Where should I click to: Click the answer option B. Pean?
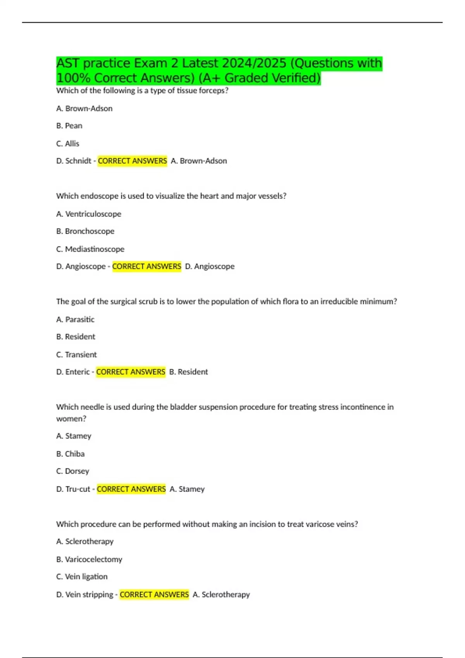(x=69, y=126)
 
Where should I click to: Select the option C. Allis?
(x=68, y=144)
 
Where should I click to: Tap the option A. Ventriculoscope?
(x=89, y=214)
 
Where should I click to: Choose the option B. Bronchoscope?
(x=85, y=231)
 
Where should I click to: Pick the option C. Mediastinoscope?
(x=90, y=249)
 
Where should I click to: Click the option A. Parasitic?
(x=75, y=319)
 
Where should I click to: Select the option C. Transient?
(x=76, y=355)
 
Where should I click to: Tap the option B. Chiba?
(x=70, y=454)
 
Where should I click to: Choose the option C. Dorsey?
(x=72, y=471)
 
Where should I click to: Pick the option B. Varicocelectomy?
(x=89, y=559)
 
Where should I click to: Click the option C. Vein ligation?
(x=82, y=577)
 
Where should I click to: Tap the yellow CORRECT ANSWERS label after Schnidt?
(x=132, y=161)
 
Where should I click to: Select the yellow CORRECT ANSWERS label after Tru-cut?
(x=131, y=489)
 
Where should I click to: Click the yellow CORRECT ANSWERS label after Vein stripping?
(x=154, y=595)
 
